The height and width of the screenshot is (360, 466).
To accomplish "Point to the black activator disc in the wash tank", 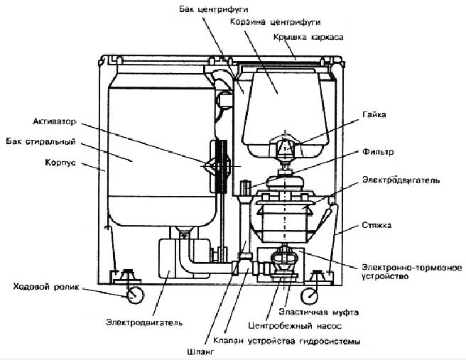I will (x=220, y=166).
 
